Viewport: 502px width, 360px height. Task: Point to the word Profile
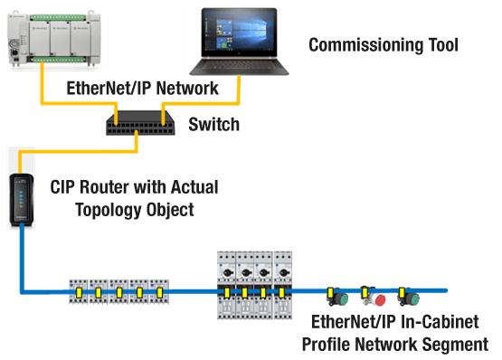pyautogui.click(x=328, y=345)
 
